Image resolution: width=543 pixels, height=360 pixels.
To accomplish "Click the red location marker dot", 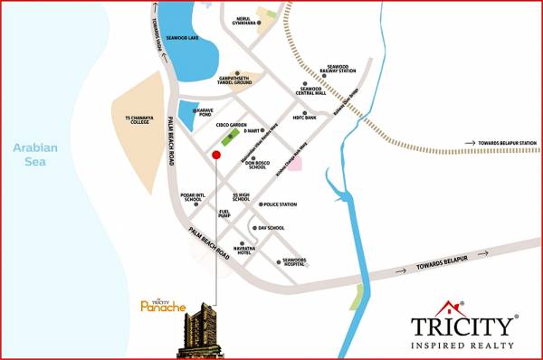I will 215,156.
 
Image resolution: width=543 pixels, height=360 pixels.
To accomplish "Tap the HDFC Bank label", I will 304,118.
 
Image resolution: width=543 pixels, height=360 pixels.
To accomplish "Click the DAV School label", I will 271,228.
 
